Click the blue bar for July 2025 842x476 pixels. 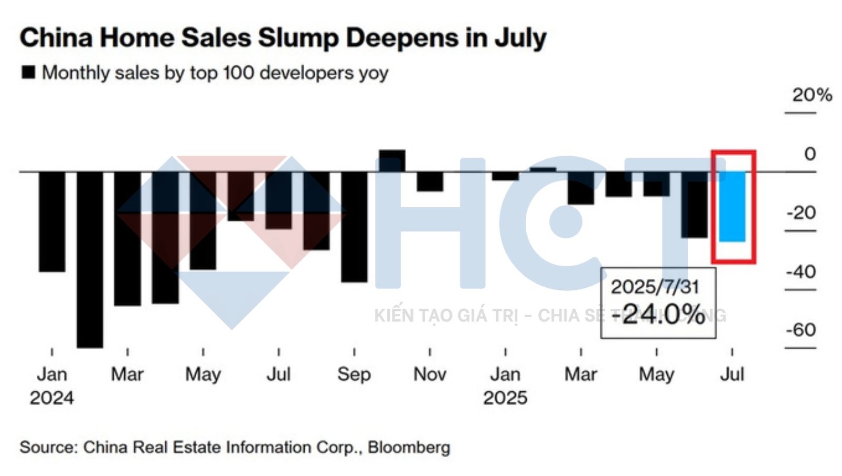[x=732, y=206]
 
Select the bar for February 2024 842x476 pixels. [x=90, y=259]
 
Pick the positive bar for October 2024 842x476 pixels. [x=392, y=161]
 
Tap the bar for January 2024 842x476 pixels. [x=52, y=221]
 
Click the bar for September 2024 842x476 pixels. [x=354, y=227]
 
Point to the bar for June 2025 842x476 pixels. [x=694, y=205]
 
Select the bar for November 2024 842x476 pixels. [x=430, y=181]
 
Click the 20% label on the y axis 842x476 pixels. [x=812, y=95]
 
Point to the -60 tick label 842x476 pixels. [x=801, y=330]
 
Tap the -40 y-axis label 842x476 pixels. [x=801, y=272]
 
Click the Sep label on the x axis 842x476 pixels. [x=354, y=374]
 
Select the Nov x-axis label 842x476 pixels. [x=430, y=374]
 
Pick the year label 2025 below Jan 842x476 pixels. [x=505, y=398]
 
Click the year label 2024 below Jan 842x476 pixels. [x=52, y=398]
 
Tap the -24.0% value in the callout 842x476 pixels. [x=658, y=315]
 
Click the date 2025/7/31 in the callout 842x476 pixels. [x=655, y=287]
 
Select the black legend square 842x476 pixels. [x=28, y=72]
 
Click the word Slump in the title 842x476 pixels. [x=298, y=38]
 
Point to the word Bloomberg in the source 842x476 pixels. [x=409, y=447]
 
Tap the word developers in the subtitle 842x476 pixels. [x=307, y=73]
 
